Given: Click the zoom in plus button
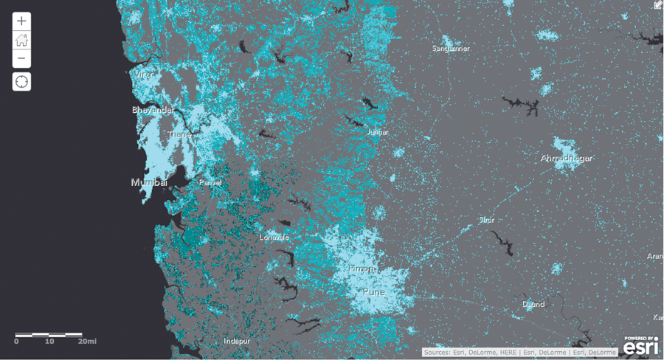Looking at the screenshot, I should pyautogui.click(x=21, y=21).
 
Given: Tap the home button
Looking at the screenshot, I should pyautogui.click(x=21, y=40).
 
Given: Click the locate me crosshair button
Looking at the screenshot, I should pyautogui.click(x=21, y=81).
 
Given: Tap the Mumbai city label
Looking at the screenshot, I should pyautogui.click(x=149, y=182).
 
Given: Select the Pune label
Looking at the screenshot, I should pyautogui.click(x=374, y=291).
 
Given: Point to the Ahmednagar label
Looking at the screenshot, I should pyautogui.click(x=567, y=159).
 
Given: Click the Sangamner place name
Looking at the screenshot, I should pyautogui.click(x=450, y=49).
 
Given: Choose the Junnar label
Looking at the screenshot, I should pyautogui.click(x=377, y=133).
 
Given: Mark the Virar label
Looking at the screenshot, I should pyautogui.click(x=144, y=75).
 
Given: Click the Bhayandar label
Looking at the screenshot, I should pyautogui.click(x=153, y=110).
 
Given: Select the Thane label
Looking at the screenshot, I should pyautogui.click(x=179, y=135).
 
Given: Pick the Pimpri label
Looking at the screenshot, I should pyautogui.click(x=362, y=268).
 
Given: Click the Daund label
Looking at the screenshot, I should pyautogui.click(x=533, y=305).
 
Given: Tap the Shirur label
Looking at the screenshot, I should pyautogui.click(x=486, y=220).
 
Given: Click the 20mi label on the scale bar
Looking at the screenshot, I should pyautogui.click(x=88, y=342).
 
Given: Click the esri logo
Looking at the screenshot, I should pyautogui.click(x=640, y=346).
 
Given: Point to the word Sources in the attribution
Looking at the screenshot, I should pyautogui.click(x=438, y=353).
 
